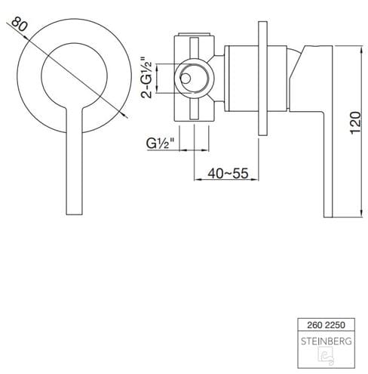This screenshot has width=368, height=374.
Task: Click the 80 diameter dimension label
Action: click(x=19, y=24)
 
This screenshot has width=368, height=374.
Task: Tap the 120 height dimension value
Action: click(x=355, y=122)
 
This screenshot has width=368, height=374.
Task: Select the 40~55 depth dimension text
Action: click(x=228, y=173)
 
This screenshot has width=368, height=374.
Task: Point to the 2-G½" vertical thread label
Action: click(x=147, y=78)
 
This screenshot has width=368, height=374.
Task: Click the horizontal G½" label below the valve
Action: click(x=160, y=144)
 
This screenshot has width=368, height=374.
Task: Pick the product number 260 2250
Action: click(x=326, y=325)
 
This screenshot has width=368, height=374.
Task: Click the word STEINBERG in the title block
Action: click(x=327, y=342)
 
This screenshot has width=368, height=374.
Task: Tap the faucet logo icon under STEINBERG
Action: click(x=326, y=356)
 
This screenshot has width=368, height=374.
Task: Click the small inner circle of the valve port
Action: click(x=186, y=79)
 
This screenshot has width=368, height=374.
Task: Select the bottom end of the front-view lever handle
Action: click(x=74, y=215)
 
